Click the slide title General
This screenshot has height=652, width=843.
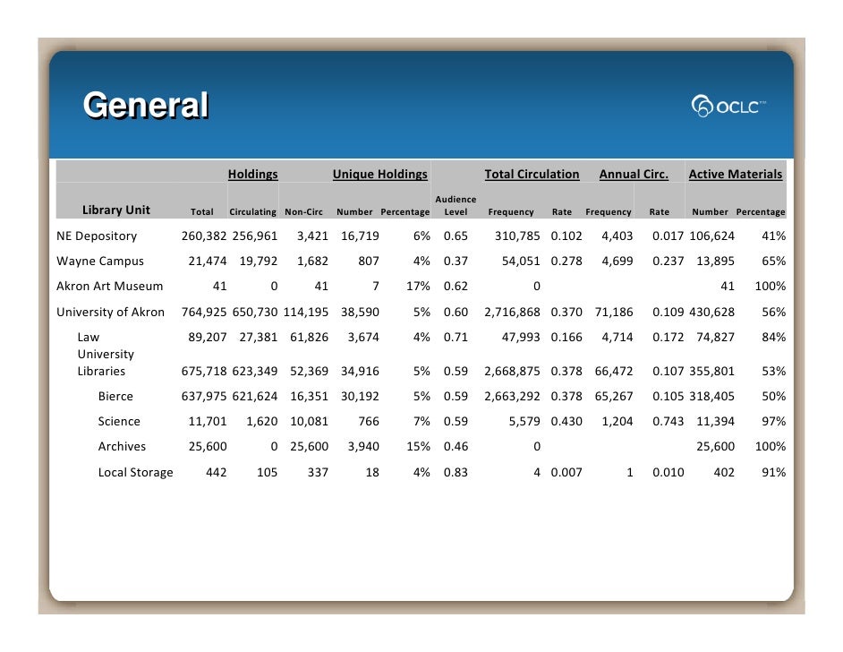tap(146, 106)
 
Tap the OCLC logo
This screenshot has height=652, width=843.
tap(729, 107)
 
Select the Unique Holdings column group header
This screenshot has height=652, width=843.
tap(379, 175)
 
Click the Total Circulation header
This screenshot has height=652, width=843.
tap(532, 175)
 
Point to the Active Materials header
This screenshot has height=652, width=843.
tap(735, 175)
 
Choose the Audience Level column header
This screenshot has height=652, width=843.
tap(456, 205)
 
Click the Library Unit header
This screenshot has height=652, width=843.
tap(116, 210)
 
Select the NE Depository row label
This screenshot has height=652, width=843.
tap(97, 236)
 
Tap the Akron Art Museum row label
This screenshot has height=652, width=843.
tap(110, 287)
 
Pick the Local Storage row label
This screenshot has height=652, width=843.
tap(135, 472)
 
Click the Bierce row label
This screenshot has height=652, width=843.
tap(115, 397)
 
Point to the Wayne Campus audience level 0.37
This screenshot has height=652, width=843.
tap(456, 262)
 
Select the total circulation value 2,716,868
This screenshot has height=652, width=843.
tap(513, 312)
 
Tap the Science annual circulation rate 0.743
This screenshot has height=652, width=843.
tap(667, 422)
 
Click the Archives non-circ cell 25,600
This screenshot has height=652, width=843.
tap(309, 447)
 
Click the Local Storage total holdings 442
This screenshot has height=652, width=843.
tap(216, 472)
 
